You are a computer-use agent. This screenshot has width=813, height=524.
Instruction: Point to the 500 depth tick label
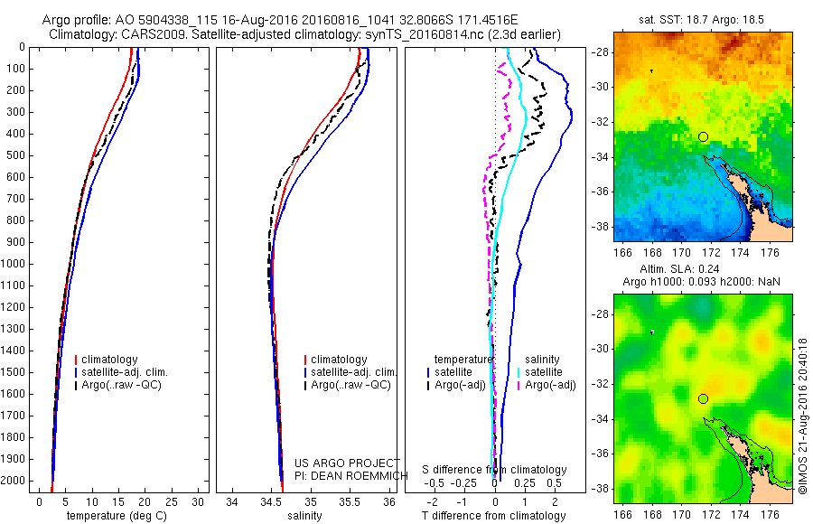click(14, 155)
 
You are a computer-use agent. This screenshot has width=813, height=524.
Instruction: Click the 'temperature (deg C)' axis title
click(117, 516)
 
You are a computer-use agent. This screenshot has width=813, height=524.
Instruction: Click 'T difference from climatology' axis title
click(493, 516)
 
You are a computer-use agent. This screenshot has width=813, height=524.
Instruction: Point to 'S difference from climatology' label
click(494, 470)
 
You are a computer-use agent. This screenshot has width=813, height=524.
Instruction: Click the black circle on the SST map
click(703, 136)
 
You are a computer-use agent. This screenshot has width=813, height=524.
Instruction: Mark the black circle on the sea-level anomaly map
click(703, 398)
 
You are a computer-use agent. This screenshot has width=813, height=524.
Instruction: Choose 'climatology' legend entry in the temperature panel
click(108, 360)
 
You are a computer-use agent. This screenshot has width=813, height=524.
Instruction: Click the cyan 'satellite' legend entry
click(543, 372)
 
